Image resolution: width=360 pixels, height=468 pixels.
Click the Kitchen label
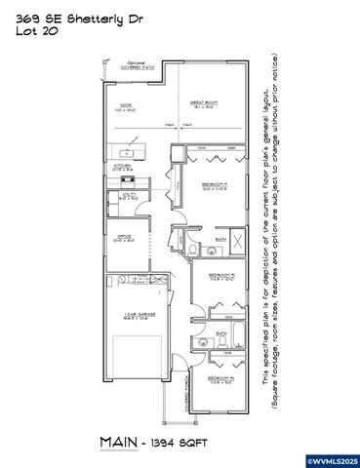pos(125,167)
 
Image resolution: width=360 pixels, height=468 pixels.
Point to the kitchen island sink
pos(127,153)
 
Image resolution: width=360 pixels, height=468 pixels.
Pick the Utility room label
pos(125,198)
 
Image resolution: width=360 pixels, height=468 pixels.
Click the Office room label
pos(124,237)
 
